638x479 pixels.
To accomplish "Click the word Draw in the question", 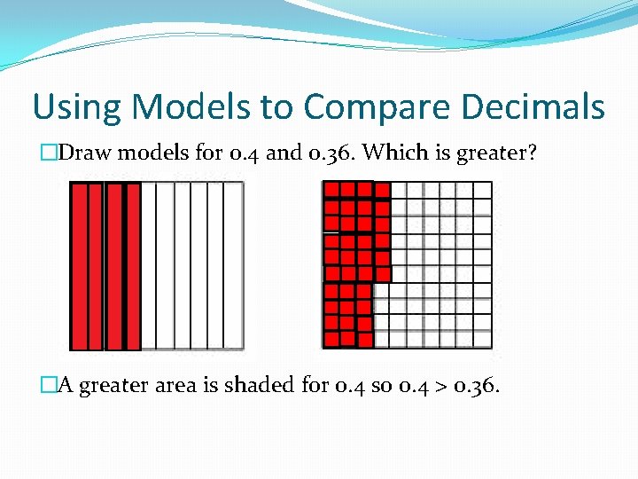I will click(x=87, y=153).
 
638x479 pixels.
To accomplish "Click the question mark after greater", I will click(x=532, y=153).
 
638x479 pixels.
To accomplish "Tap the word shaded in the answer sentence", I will click(x=256, y=386).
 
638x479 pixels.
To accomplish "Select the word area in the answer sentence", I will click(x=177, y=386).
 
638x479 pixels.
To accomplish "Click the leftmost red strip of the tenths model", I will click(x=80, y=266).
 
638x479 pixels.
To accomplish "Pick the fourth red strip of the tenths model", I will click(x=132, y=266).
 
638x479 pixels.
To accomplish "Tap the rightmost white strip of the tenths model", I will click(x=234, y=266).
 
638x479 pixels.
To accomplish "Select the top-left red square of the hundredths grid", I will click(x=331, y=190).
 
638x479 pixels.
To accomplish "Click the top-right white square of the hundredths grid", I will click(x=482, y=190).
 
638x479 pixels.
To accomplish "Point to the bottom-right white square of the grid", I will click(x=482, y=339).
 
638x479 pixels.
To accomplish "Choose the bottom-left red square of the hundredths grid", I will click(x=331, y=339).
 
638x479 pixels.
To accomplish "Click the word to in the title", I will click(x=276, y=108).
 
